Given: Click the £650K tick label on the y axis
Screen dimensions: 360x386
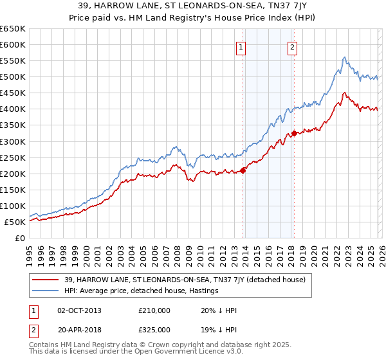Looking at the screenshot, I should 13,29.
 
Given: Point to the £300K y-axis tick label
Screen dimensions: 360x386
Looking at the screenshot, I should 13,141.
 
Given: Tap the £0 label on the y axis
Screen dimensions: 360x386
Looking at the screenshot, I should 19,238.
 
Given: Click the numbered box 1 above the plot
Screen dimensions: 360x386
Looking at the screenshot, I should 241,46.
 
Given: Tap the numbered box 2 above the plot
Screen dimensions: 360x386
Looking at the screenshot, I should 292,46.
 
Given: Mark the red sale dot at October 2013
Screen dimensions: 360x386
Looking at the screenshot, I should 243,170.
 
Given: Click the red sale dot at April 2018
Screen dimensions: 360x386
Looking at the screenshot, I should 294,134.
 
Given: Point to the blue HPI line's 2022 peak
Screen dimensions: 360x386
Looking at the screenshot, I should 345,57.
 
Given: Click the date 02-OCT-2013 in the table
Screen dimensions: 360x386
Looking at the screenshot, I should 80,310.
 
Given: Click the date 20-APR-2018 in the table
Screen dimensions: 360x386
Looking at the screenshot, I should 80,330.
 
